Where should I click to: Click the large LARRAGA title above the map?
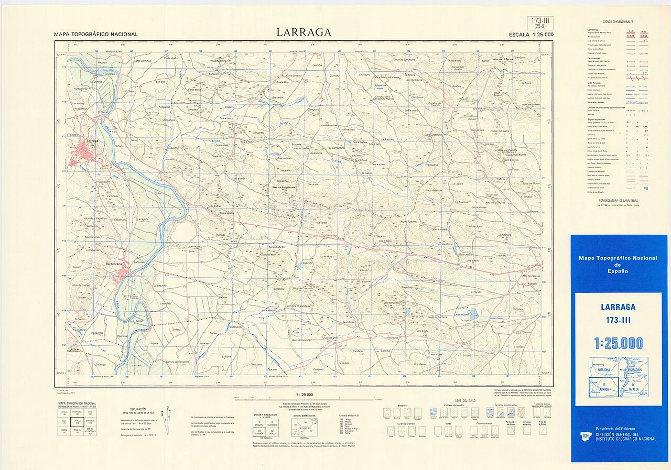point(304,32)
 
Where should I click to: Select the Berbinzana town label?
point(114,264)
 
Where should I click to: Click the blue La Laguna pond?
point(473,314)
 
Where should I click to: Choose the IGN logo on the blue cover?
point(585,435)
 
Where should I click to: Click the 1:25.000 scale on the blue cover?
point(618,344)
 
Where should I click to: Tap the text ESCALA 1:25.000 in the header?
point(531,35)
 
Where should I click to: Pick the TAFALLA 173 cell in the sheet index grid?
point(77,422)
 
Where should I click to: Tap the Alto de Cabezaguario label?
point(77,349)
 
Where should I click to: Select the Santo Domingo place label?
point(142,61)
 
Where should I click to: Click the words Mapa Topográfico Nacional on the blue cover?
point(618,258)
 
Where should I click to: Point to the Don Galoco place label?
point(420,364)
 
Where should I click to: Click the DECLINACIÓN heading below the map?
point(138,409)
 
